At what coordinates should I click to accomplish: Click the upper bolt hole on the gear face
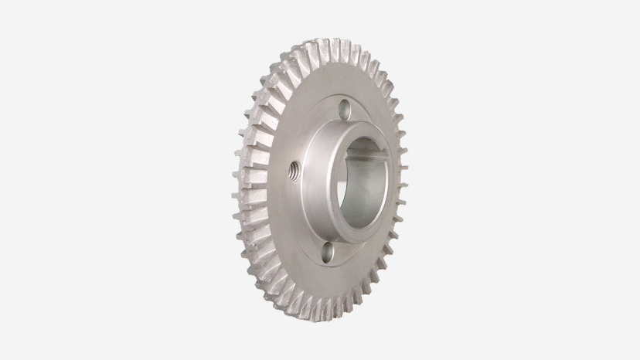tap(343, 108)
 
